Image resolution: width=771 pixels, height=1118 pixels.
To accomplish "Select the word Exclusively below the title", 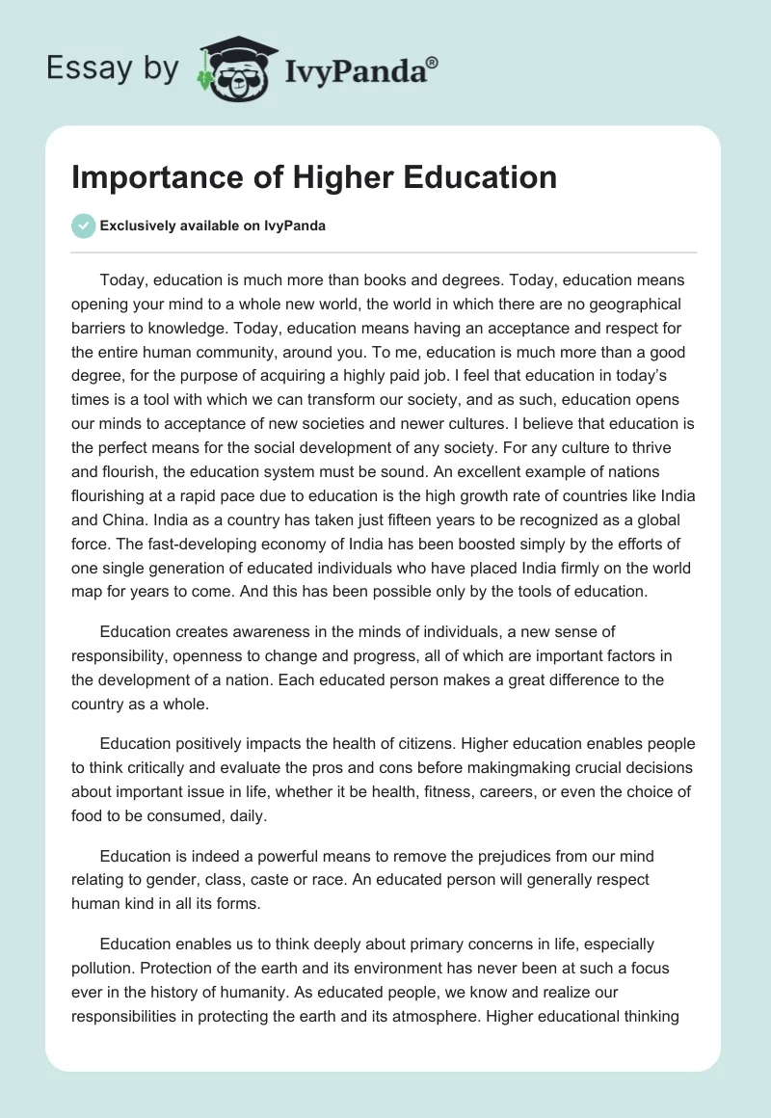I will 134,226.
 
